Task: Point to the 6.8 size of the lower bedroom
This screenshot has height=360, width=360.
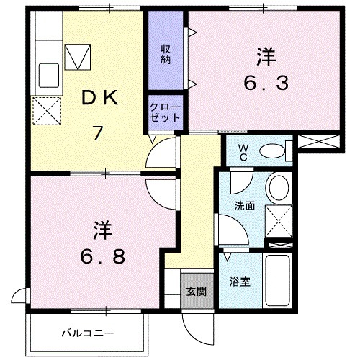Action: [x=101, y=256]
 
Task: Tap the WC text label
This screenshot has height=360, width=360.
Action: [x=244, y=153]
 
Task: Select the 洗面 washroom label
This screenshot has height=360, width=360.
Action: [x=244, y=205]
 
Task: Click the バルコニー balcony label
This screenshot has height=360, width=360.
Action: [x=87, y=334]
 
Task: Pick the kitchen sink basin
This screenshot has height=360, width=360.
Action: [x=48, y=73]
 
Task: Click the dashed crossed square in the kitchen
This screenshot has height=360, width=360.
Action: [x=46, y=112]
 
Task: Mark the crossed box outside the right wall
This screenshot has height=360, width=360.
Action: [x=316, y=142]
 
